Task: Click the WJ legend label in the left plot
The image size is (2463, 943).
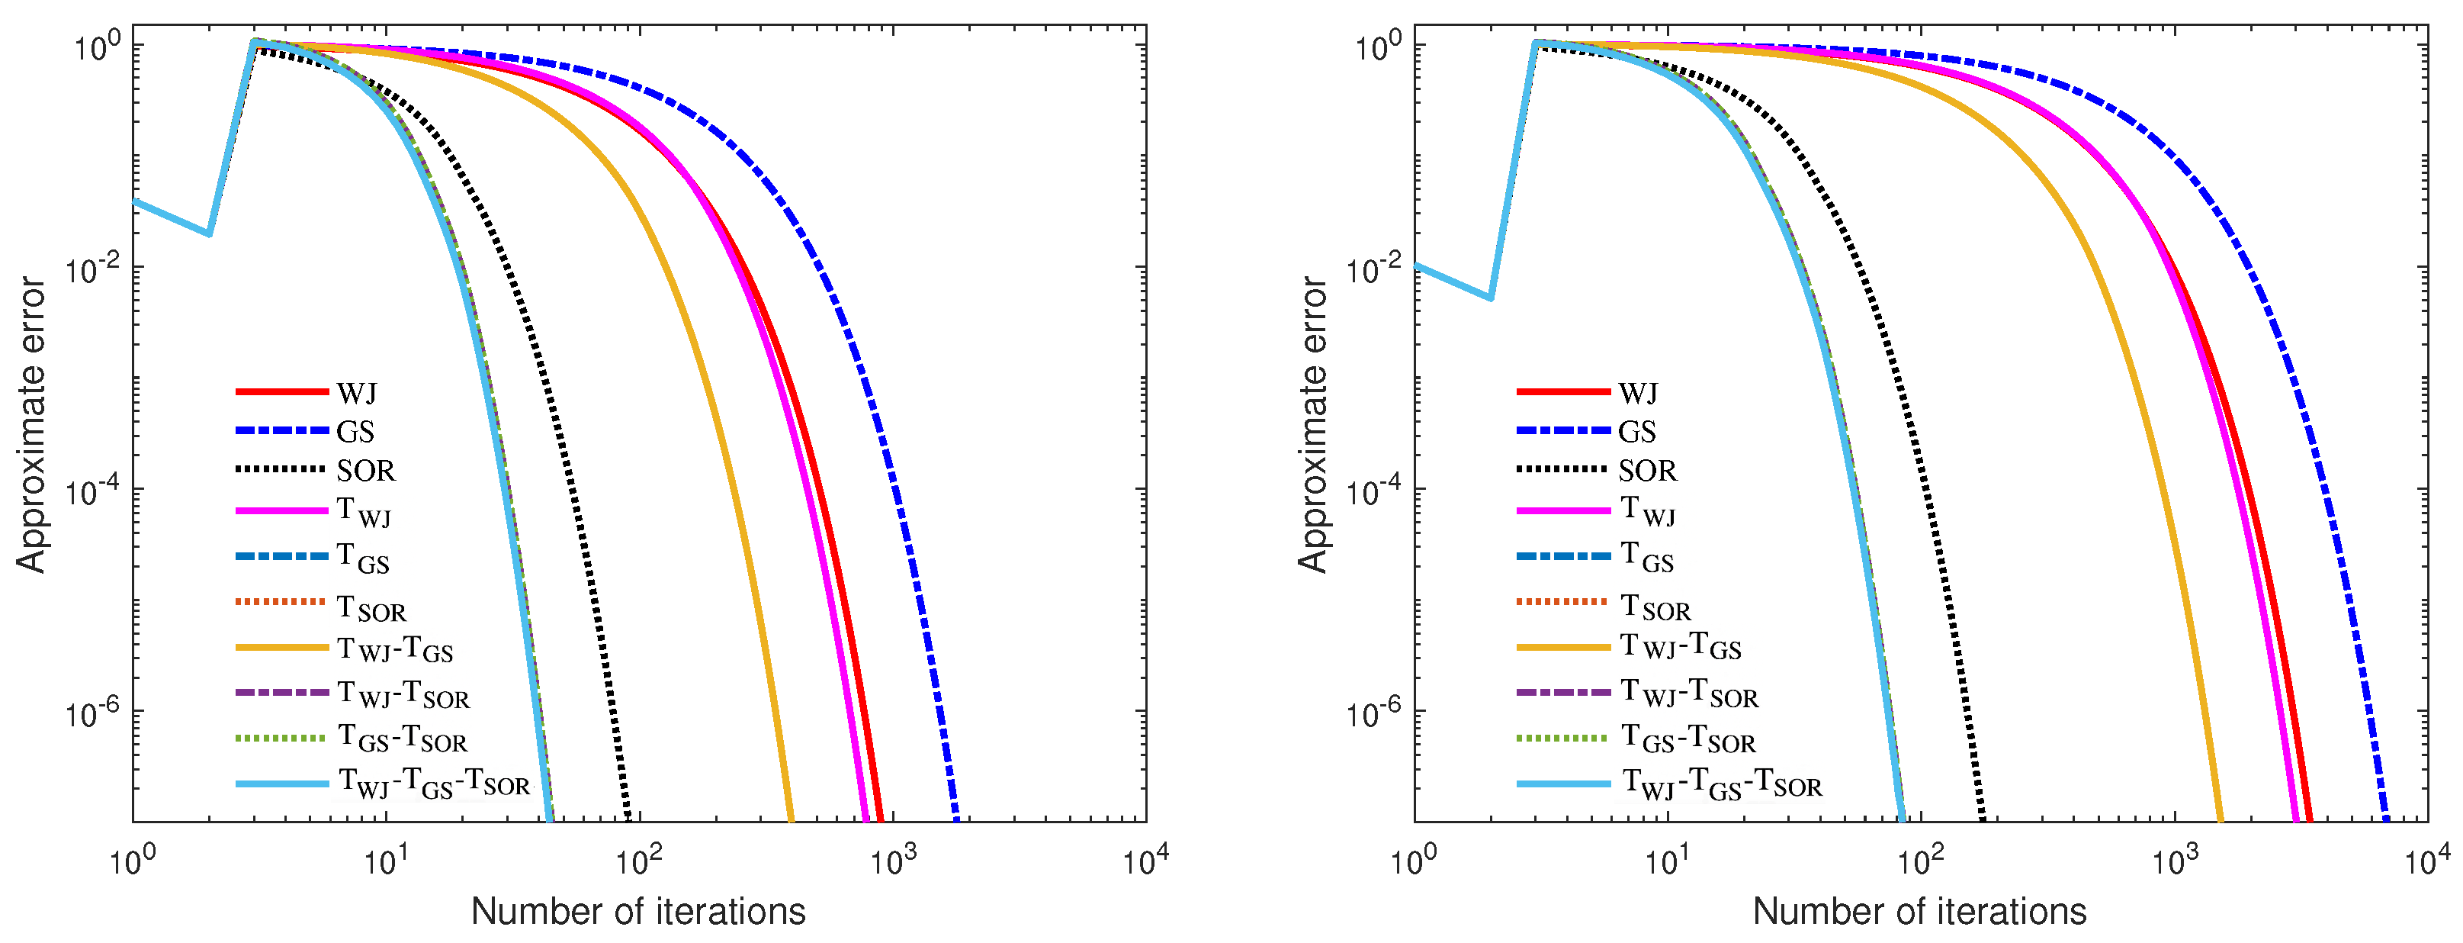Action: tap(357, 393)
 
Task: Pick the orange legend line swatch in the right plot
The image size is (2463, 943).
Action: tap(1562, 649)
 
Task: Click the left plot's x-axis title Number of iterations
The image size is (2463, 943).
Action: tap(637, 912)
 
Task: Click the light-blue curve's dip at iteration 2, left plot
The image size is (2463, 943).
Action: tap(208, 233)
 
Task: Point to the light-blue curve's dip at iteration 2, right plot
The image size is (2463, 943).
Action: tap(1490, 298)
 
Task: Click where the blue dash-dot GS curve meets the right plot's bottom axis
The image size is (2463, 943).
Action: tap(2387, 819)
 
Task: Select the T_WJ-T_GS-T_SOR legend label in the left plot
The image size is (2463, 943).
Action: tap(433, 784)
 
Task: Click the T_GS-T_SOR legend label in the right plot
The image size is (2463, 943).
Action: tap(1688, 740)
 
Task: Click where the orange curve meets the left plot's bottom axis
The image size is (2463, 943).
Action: tap(791, 819)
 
